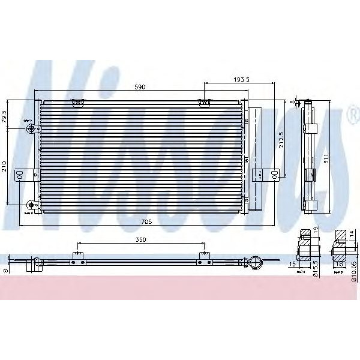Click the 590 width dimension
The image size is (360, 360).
point(139,88)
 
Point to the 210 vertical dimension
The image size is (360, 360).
point(5,166)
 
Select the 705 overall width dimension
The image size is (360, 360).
point(146,221)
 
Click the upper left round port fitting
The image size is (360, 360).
point(31,127)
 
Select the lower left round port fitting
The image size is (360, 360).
point(31,204)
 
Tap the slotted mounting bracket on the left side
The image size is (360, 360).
point(20,174)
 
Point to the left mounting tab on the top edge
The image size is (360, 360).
point(77,103)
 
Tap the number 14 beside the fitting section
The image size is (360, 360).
point(352,236)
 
